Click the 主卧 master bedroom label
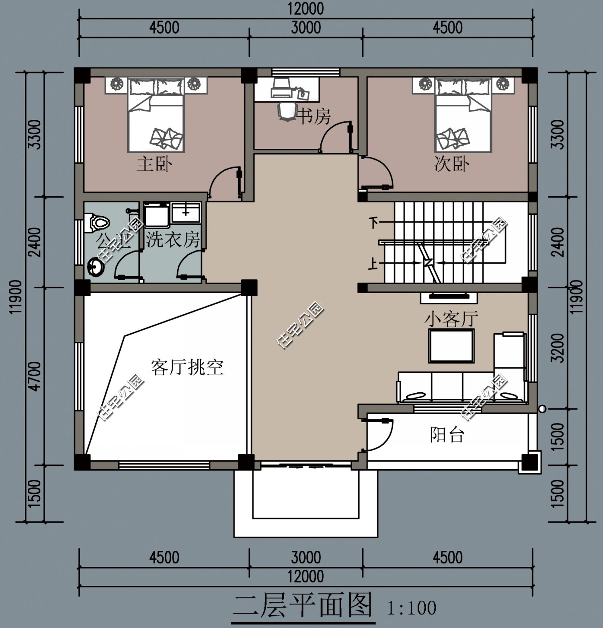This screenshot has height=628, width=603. (x=154, y=164)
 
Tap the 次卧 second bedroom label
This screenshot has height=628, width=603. (x=451, y=164)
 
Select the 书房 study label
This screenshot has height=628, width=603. (x=314, y=117)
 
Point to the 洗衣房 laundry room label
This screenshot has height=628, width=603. (x=173, y=240)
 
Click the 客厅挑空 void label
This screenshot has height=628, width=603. (x=187, y=367)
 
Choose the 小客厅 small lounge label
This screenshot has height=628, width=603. (x=451, y=319)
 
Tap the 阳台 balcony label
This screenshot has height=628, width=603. (x=447, y=435)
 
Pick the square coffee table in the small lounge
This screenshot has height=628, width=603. (x=451, y=346)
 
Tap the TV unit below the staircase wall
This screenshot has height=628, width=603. (x=449, y=297)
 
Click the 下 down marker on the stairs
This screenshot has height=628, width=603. (x=374, y=222)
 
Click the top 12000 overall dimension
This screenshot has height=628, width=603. (x=306, y=9)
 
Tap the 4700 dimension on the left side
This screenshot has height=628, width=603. (x=35, y=376)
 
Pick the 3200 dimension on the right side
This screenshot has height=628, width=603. (x=558, y=348)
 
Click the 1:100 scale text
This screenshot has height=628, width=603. (x=411, y=608)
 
